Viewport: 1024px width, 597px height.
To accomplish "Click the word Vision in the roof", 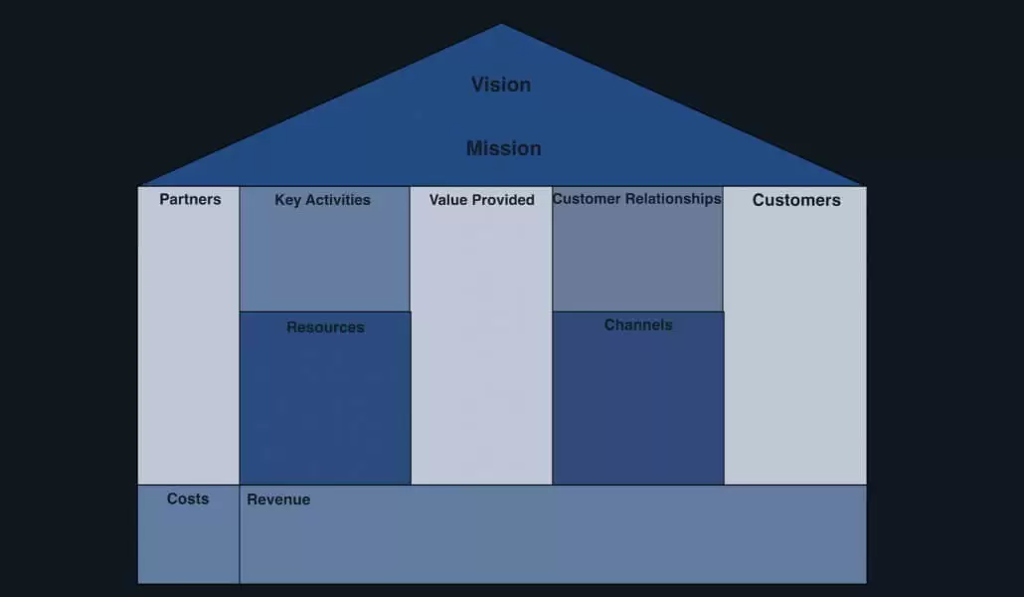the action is [501, 85].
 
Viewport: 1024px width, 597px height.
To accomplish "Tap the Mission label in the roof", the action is [503, 148].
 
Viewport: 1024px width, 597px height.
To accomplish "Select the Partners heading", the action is [190, 199].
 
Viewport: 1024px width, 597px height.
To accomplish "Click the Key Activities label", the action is [323, 200].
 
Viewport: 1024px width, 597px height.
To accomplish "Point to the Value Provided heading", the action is [482, 200].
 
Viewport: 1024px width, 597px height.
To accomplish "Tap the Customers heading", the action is [796, 200].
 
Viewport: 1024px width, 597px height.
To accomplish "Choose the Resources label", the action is [325, 327].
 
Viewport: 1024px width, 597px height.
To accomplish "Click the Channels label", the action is [638, 325].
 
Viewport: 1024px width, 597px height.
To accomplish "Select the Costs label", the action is [188, 498].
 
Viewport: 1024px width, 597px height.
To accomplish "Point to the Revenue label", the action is [278, 499].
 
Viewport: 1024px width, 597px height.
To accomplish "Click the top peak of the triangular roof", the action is [501, 25].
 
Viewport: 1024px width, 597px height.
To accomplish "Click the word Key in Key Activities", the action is [287, 200].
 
